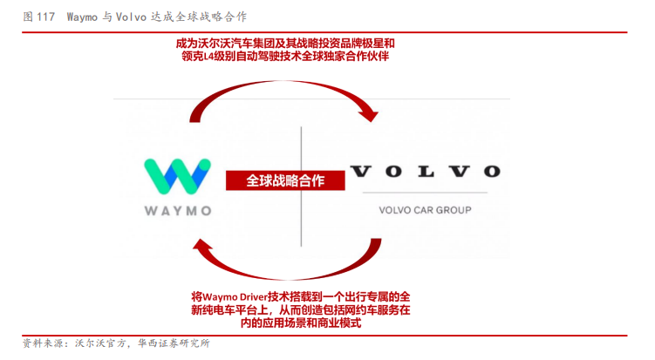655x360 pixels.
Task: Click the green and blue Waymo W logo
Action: coord(177,176)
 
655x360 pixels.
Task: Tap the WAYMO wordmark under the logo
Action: coord(177,210)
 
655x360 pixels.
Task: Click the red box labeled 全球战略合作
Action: coord(285,180)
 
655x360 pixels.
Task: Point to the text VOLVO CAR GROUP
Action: coord(425,210)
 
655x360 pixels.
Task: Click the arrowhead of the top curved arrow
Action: coord(372,113)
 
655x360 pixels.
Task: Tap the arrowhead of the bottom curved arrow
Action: coord(202,249)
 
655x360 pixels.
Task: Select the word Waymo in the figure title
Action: coord(84,17)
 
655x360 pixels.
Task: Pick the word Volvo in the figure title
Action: coord(133,17)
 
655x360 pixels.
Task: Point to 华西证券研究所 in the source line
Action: coord(174,343)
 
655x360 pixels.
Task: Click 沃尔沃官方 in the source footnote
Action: coord(97,343)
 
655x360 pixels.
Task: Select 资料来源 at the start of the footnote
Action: coord(39,343)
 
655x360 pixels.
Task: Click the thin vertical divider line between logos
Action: coord(302,183)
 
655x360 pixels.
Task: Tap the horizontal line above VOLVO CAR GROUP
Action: coord(424,192)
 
